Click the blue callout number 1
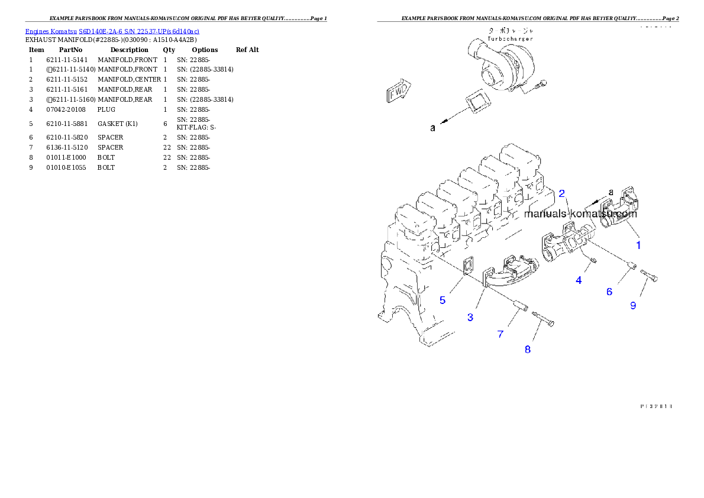tap(638, 244)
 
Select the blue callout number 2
tap(562, 193)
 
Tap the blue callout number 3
tap(470, 318)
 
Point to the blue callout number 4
tap(579, 280)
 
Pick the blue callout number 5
tap(443, 300)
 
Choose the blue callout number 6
tap(609, 291)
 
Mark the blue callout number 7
tap(500, 334)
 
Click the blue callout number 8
tap(528, 350)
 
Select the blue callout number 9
tap(633, 306)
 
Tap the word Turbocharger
tap(510, 38)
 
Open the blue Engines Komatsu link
tap(112, 31)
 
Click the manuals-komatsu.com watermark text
tap(580, 214)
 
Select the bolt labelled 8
tap(544, 319)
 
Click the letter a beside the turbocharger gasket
tap(433, 128)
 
